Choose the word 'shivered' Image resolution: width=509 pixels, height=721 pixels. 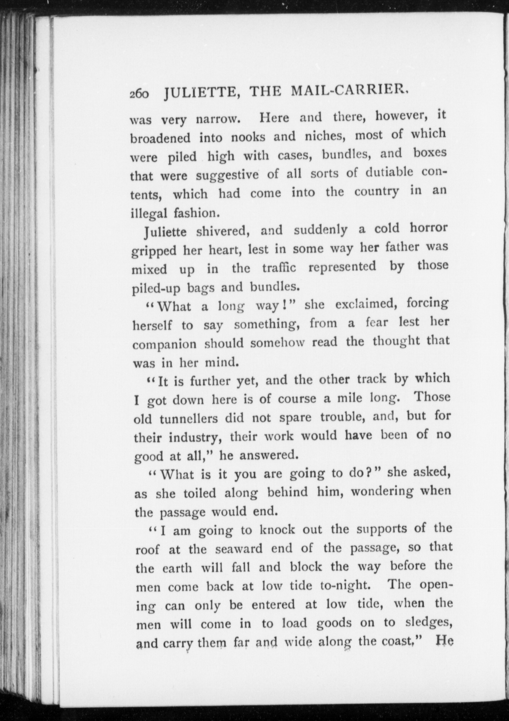[x=221, y=231]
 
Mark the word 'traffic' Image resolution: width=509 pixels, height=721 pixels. [x=279, y=268]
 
